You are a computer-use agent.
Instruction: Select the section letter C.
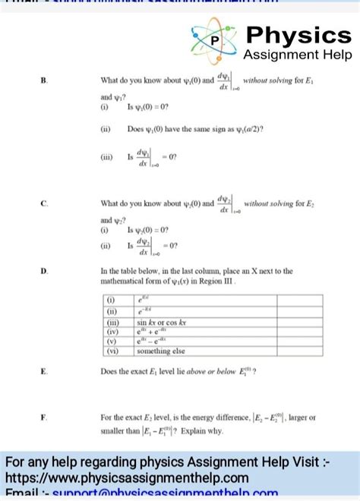(44, 203)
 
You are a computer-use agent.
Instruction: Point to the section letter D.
(44, 271)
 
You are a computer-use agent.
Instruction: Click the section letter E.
(44, 371)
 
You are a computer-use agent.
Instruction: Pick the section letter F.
(44, 417)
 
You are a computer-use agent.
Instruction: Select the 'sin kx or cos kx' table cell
(163, 322)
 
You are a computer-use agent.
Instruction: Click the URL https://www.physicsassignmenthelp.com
(127, 477)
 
